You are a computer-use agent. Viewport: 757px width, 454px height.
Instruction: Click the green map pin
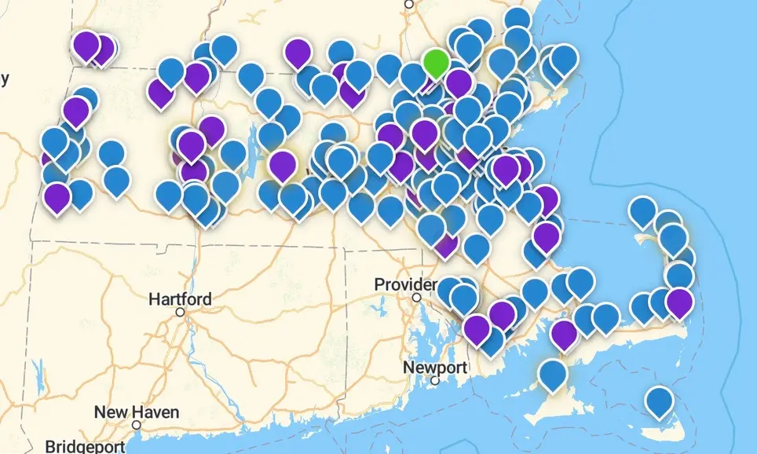(x=435, y=61)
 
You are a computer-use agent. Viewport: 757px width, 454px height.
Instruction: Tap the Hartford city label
(x=180, y=298)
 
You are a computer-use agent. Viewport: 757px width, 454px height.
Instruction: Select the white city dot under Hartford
(x=180, y=313)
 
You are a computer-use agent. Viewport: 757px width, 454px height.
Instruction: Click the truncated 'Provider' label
(x=405, y=284)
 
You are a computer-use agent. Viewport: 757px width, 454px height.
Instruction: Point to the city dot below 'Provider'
(x=417, y=298)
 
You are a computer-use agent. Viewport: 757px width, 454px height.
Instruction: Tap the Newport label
(x=435, y=367)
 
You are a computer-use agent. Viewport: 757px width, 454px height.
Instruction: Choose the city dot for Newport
(x=435, y=381)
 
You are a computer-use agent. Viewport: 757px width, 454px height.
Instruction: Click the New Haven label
(x=136, y=412)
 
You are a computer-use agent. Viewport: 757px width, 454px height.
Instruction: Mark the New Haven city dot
(x=136, y=425)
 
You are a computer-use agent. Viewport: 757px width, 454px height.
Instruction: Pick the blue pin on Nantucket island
(x=659, y=401)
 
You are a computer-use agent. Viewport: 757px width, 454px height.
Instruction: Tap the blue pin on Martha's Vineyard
(x=553, y=373)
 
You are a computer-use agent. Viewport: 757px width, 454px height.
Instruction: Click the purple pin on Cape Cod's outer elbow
(x=678, y=302)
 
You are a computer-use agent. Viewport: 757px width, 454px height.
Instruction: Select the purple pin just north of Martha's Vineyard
(x=563, y=333)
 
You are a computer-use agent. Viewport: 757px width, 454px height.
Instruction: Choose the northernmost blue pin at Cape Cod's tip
(x=642, y=211)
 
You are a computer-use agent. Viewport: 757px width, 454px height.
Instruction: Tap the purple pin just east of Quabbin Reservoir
(x=282, y=165)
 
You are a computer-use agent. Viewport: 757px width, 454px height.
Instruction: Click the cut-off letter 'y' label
(x=5, y=77)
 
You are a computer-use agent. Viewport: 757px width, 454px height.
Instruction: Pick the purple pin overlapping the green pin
(x=458, y=82)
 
